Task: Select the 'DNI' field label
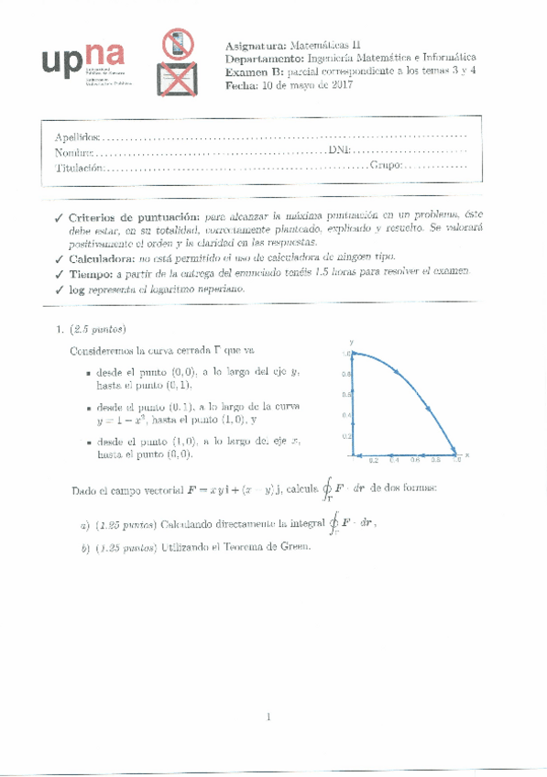pos(338,151)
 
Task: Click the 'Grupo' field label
pos(385,168)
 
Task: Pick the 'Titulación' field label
pos(78,168)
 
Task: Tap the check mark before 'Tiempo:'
pos(59,274)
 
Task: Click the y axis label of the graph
pos(353,341)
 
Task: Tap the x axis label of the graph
pos(466,453)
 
